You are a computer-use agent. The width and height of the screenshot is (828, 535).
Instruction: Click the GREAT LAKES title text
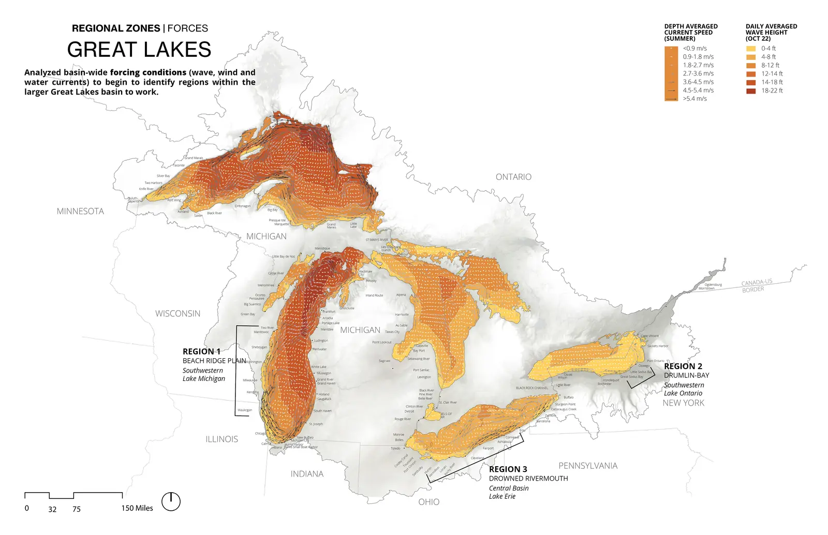(x=139, y=50)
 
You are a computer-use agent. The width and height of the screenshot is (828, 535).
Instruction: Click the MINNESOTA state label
(x=80, y=211)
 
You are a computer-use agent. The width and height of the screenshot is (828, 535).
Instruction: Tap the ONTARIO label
(x=513, y=177)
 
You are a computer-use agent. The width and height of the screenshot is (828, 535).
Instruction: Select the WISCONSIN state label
(x=178, y=313)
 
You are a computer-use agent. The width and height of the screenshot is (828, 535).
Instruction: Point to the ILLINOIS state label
(x=221, y=439)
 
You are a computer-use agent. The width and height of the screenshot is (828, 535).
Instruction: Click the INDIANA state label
(x=307, y=473)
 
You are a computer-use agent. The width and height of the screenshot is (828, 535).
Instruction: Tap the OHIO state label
(x=428, y=501)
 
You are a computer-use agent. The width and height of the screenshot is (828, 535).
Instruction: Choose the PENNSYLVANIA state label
(x=588, y=465)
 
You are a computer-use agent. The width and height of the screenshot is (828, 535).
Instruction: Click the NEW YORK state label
(x=683, y=403)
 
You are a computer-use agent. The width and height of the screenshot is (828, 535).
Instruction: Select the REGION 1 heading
(x=201, y=351)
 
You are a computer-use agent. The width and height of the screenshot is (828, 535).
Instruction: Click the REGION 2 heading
(x=683, y=366)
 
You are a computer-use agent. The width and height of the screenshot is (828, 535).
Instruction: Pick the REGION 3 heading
(x=508, y=469)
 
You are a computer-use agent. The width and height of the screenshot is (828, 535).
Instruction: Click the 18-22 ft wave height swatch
(x=751, y=90)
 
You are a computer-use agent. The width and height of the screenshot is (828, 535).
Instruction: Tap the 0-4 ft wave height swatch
(x=751, y=49)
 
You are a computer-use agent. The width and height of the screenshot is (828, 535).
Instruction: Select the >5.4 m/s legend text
(x=694, y=98)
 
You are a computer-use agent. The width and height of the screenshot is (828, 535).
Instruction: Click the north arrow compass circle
(x=171, y=501)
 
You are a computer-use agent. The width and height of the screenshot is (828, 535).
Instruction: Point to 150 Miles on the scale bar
(x=137, y=508)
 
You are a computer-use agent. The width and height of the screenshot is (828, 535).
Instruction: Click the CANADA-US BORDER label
(x=756, y=285)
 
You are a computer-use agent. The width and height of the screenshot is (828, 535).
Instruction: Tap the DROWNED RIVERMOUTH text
(x=528, y=478)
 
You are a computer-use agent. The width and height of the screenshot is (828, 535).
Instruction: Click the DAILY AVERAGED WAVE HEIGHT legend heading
(x=771, y=32)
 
